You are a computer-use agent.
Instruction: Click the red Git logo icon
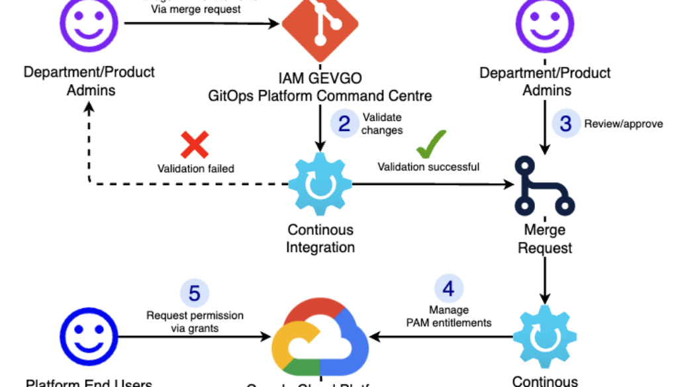320,26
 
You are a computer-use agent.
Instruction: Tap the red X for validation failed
195,144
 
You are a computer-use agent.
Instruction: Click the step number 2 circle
344,123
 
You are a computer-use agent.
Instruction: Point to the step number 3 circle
565,123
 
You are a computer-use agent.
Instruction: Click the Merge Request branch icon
543,186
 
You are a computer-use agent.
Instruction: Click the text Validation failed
195,169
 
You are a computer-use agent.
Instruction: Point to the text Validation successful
428,167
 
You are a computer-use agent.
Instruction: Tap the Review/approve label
623,124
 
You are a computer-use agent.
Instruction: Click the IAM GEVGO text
320,79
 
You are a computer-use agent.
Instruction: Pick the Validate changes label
382,124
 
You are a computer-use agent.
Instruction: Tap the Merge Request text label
546,239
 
